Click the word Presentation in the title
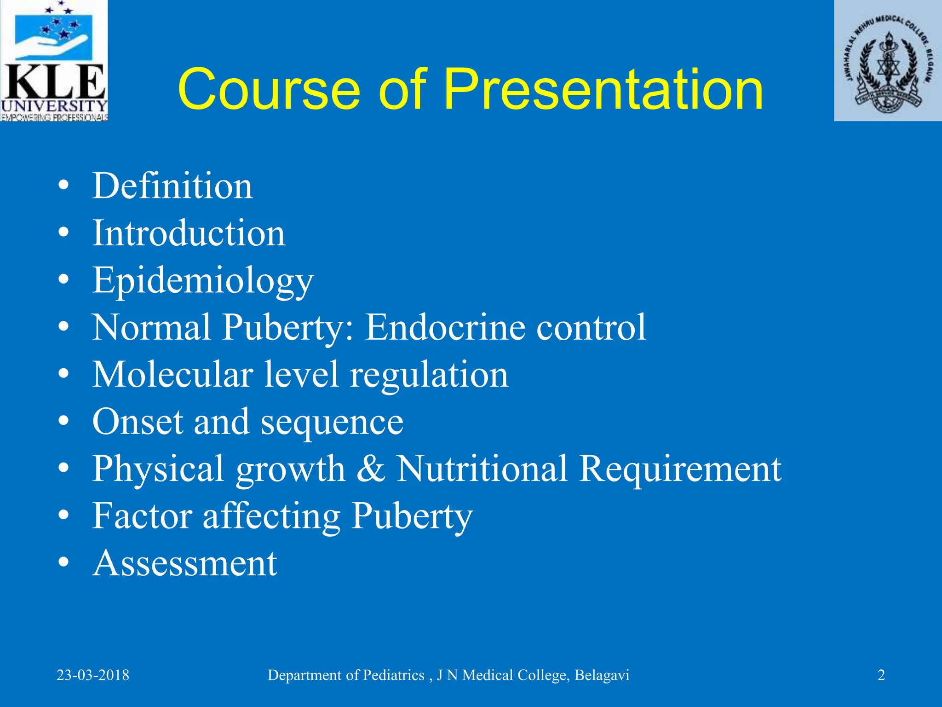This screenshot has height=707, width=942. tap(603, 89)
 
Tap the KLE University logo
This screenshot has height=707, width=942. tap(54, 61)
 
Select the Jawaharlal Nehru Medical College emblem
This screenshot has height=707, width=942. tap(888, 61)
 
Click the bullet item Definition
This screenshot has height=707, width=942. tap(172, 186)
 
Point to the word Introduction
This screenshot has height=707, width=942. tap(189, 233)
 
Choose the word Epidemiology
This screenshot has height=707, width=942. tap(203, 281)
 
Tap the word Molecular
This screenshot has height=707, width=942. tap(172, 375)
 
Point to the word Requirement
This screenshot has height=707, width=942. tap(680, 469)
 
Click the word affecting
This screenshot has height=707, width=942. tap(271, 516)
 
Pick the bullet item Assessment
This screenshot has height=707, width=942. tap(185, 563)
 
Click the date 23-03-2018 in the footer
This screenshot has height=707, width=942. tap(93, 675)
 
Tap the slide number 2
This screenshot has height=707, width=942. tap(881, 675)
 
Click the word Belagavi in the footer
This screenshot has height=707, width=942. tap(602, 675)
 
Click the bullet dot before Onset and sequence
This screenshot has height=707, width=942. tap(64, 421)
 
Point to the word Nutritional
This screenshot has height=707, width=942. tap(482, 469)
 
